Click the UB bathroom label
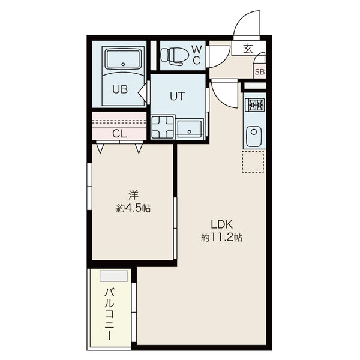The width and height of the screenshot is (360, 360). pyautogui.click(x=120, y=89)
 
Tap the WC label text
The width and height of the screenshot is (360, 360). pyautogui.click(x=197, y=55)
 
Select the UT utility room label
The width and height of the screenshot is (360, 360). pyautogui.click(x=177, y=97)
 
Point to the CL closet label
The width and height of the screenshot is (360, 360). pyautogui.click(x=119, y=134)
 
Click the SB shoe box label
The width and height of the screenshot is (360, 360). pyautogui.click(x=260, y=72)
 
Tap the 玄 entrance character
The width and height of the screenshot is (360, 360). pyautogui.click(x=248, y=49)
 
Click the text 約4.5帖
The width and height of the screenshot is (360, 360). pyautogui.click(x=133, y=208)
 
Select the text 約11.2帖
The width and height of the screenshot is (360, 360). pyautogui.click(x=222, y=238)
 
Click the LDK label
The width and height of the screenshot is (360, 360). pyautogui.click(x=222, y=224)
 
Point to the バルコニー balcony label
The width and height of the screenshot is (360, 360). pyautogui.click(x=109, y=314)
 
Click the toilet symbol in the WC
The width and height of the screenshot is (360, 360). pyautogui.click(x=175, y=56)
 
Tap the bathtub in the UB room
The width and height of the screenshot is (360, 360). pyautogui.click(x=123, y=59)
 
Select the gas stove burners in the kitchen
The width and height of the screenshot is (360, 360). pyautogui.click(x=254, y=105)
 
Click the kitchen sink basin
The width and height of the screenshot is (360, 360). pyautogui.click(x=254, y=137)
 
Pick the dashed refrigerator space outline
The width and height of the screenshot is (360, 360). pyautogui.click(x=253, y=161)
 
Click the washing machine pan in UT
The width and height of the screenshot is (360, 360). pyautogui.click(x=163, y=128)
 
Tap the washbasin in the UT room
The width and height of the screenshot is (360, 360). pyautogui.click(x=190, y=128)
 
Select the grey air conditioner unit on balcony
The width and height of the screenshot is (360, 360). pyautogui.click(x=113, y=276)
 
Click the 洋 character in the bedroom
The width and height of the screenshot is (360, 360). pyautogui.click(x=133, y=196)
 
